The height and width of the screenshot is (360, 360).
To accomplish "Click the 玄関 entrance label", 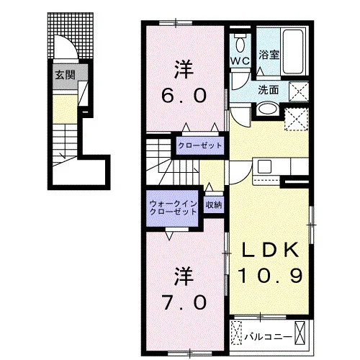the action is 65,75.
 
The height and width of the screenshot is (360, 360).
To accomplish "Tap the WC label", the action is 240,61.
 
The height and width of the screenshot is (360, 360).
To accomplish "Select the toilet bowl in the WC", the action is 240,43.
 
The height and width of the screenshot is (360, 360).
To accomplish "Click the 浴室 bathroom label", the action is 269,55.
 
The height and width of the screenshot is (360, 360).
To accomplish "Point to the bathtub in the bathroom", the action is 294,52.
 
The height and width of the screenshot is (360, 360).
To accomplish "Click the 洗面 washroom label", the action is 269,90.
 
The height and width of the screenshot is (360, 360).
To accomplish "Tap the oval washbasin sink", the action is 268,109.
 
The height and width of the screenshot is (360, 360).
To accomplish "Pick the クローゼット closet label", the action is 200,145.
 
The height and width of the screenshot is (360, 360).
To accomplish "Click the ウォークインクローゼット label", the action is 173,208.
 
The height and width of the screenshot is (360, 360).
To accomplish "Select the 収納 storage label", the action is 214,204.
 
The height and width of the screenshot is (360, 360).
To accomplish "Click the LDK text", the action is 270,250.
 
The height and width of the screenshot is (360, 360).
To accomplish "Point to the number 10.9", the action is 270,276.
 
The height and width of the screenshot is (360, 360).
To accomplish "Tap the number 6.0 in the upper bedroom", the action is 184,95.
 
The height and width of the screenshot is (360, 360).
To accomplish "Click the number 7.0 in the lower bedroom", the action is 184,302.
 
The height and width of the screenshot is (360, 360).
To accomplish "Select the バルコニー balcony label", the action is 268,337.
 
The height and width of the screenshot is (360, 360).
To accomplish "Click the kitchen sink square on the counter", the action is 264,166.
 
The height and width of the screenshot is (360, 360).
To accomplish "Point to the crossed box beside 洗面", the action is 299,91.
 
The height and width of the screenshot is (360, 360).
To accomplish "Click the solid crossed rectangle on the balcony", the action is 300,333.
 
